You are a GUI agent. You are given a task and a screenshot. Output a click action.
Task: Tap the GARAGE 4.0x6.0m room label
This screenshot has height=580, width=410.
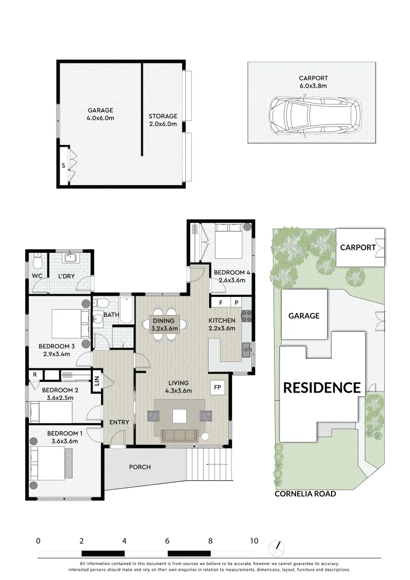click(100, 114)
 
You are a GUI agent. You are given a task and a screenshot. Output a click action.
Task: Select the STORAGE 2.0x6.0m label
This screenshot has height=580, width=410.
click(163, 119)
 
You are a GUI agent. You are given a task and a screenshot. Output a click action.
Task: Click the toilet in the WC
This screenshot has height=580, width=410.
click(37, 262)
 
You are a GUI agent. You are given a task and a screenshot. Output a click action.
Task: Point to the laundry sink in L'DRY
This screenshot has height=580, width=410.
click(71, 259)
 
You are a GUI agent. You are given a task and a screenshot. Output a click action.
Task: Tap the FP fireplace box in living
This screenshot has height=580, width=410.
click(218, 387)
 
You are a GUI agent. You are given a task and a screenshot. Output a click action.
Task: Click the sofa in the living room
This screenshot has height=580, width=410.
click(179, 435)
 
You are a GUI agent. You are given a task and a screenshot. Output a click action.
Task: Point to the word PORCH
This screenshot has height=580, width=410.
click(140, 467)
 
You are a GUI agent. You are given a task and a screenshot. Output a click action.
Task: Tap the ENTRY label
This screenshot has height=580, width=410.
click(119, 422)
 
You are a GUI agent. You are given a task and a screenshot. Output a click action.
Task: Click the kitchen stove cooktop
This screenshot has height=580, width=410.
click(247, 317)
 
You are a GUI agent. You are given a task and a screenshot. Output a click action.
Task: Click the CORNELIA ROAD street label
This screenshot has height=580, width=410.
click(305, 494)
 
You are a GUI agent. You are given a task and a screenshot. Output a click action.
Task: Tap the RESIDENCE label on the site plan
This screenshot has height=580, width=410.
click(322, 387)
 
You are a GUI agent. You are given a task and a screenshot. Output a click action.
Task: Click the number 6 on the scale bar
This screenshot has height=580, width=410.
click(168, 541)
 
